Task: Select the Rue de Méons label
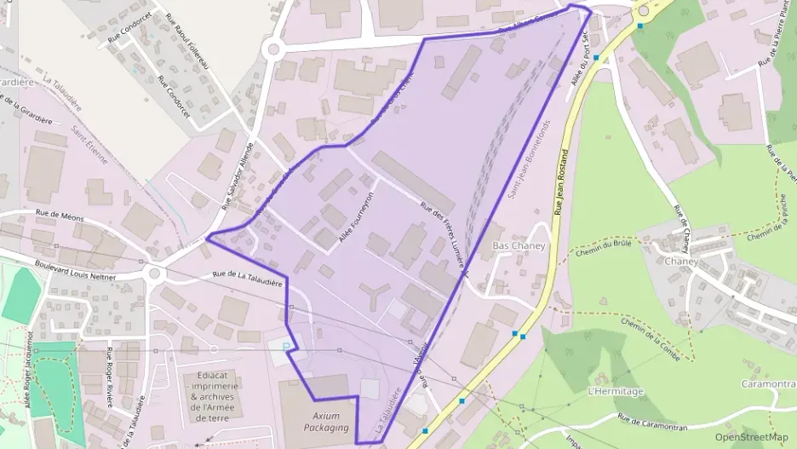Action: click(60, 217)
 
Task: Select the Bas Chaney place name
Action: click(519, 245)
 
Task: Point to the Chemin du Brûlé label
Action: click(601, 250)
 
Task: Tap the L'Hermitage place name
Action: click(616, 391)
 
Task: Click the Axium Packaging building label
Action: click(326, 422)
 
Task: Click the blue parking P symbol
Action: click(286, 346)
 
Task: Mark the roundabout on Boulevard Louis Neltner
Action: click(154, 274)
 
